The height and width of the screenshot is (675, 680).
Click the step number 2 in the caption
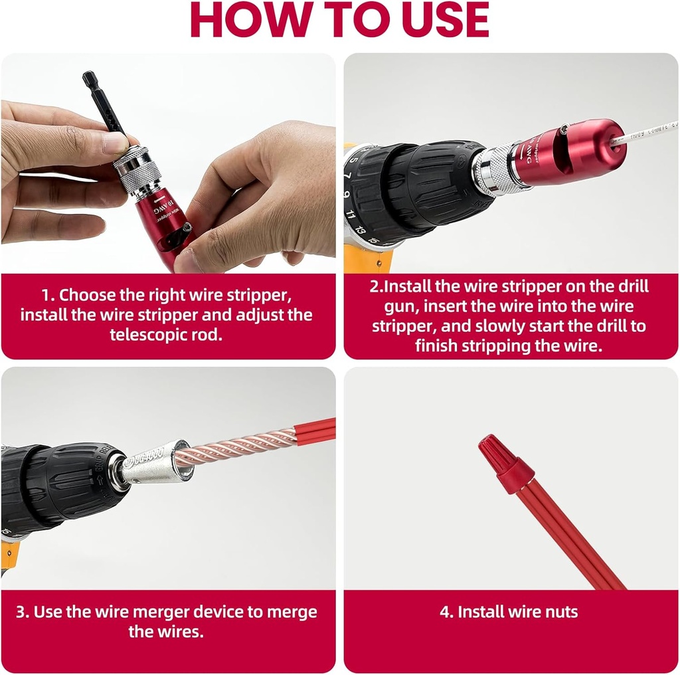(x=373, y=287)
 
